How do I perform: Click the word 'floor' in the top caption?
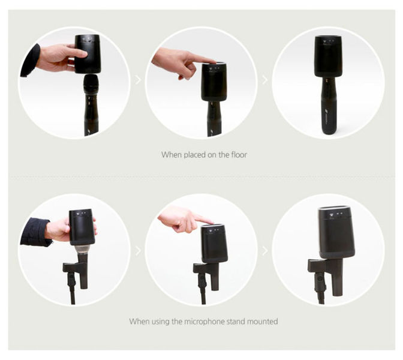239,155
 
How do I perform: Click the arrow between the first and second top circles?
139,80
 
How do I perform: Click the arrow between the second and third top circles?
265,80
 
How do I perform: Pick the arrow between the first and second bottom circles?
139,251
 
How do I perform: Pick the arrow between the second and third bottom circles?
265,251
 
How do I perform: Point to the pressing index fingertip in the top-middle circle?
213,61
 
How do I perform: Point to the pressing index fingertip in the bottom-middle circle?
210,221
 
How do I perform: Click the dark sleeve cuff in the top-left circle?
31,61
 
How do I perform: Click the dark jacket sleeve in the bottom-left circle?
35,232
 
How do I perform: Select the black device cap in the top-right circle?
329,56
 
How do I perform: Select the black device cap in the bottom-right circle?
336,232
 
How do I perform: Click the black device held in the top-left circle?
88,55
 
